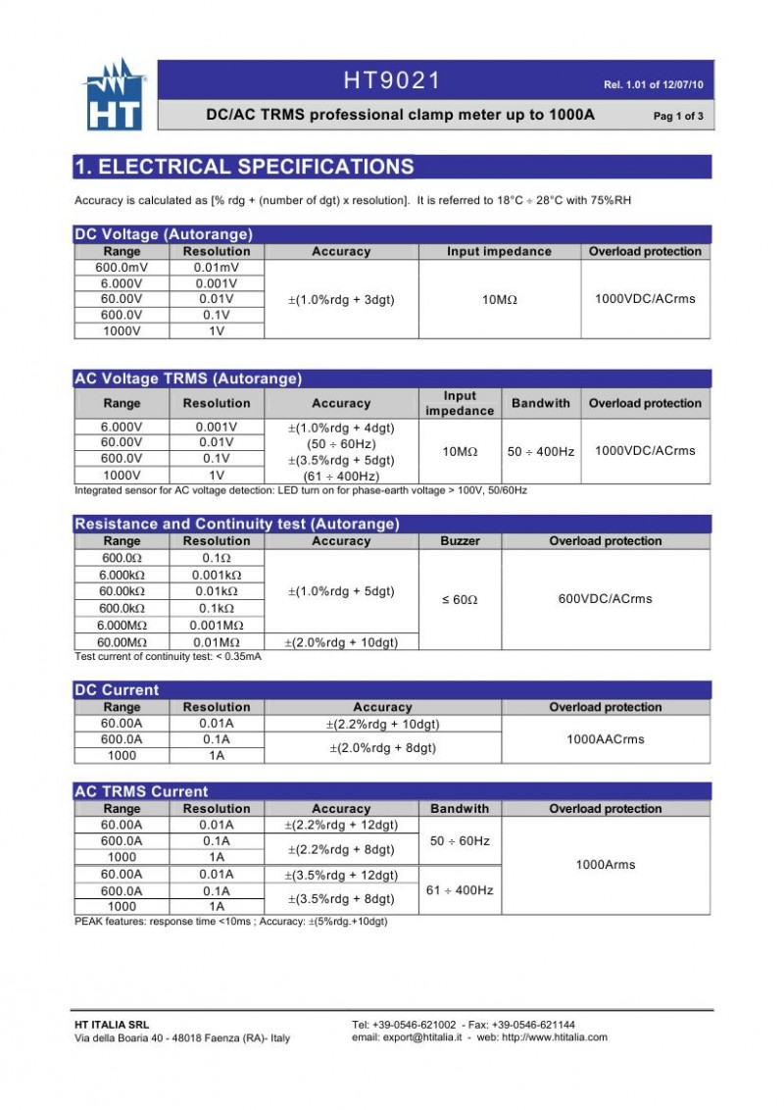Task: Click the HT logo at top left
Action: pyautogui.click(x=114, y=94)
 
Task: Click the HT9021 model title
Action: pyautogui.click(x=392, y=80)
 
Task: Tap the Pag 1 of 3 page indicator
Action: pyautogui.click(x=677, y=117)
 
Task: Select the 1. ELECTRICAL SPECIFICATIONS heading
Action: pyautogui.click(x=245, y=167)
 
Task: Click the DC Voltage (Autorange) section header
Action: pyautogui.click(x=164, y=234)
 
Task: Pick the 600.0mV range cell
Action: pyautogui.click(x=122, y=268)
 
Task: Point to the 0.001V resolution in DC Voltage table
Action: pyautogui.click(x=217, y=283)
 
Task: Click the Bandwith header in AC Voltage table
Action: pyautogui.click(x=541, y=403)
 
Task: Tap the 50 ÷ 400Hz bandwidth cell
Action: pyautogui.click(x=541, y=451)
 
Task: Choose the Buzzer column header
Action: pyautogui.click(x=460, y=541)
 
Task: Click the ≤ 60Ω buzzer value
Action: pyautogui.click(x=460, y=599)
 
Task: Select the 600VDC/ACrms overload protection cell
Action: pyautogui.click(x=606, y=599)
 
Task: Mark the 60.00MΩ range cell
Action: pyautogui.click(x=122, y=642)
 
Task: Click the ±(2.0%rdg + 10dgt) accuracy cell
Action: pyautogui.click(x=341, y=642)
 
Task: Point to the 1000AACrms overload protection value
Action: pyautogui.click(x=606, y=739)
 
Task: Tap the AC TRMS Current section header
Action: pyautogui.click(x=142, y=791)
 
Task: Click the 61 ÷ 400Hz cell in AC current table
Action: pyautogui.click(x=460, y=890)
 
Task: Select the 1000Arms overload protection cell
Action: pyautogui.click(x=606, y=865)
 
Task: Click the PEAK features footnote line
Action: pyautogui.click(x=231, y=921)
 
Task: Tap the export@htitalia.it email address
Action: pyautogui.click(x=421, y=1037)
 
